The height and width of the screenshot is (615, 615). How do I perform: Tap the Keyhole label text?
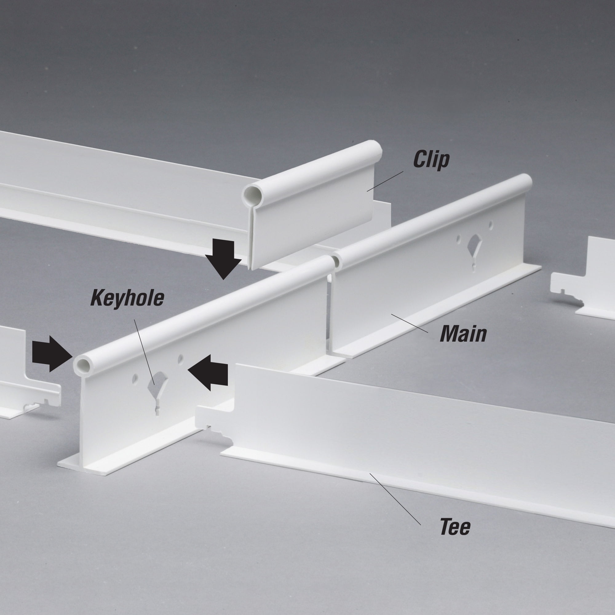127,298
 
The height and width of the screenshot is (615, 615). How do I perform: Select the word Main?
463,334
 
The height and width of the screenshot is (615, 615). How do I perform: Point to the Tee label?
455,527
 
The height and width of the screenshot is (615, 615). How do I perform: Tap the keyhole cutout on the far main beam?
474,253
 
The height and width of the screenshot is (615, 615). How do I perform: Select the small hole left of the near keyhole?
135,378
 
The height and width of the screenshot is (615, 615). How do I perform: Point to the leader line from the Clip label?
385,181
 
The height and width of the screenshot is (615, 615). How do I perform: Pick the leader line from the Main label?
409,323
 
